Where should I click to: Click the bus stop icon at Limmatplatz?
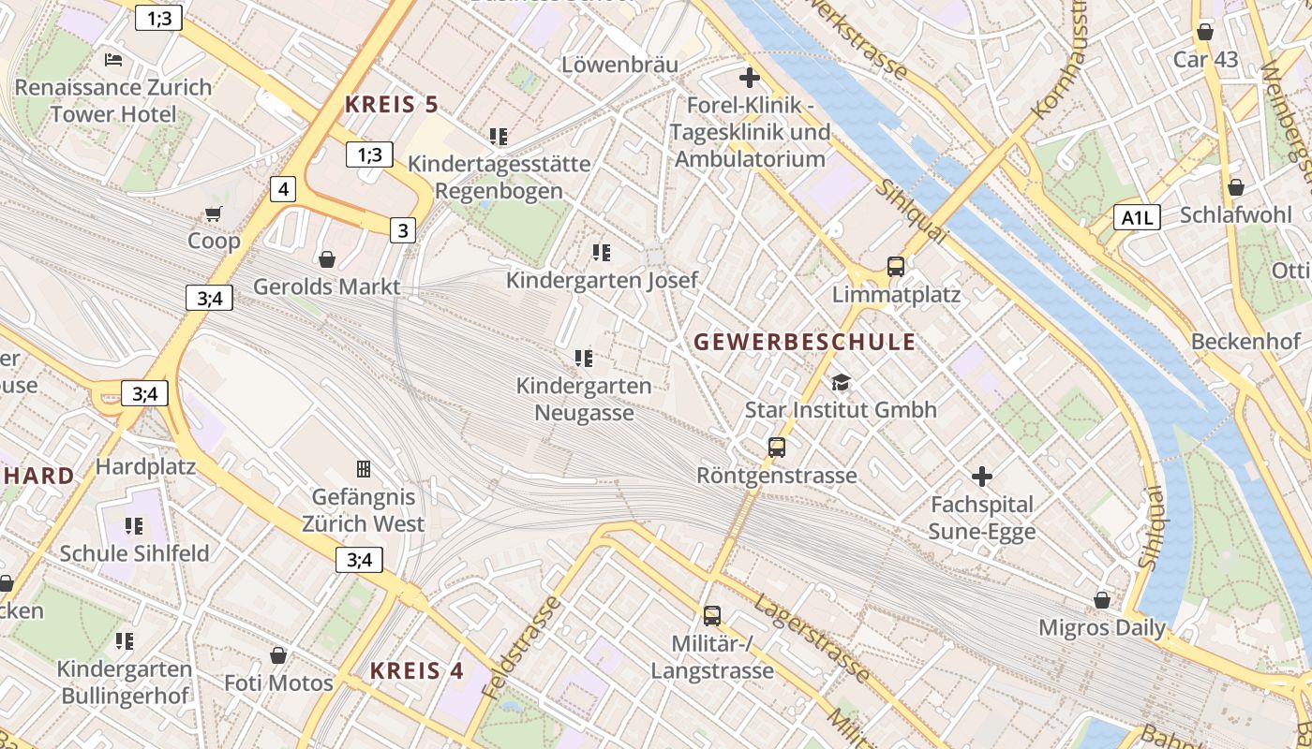point(896,266)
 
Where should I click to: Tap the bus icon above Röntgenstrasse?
point(777,447)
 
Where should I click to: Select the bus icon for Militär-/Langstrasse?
point(712,615)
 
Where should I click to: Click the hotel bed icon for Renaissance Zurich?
point(113,60)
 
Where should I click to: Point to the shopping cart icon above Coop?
point(214,213)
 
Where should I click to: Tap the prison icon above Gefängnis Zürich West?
point(364,468)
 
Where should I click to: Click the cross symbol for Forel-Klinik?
point(750,77)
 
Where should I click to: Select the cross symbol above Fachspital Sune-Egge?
point(982,477)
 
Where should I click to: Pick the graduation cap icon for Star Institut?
point(841,382)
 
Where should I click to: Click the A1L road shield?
point(1138,218)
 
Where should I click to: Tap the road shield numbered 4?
point(283,190)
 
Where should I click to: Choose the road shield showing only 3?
point(403,229)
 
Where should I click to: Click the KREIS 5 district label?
point(391,104)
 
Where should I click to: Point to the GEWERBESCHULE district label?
point(804,342)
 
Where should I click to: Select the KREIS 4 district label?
point(416,670)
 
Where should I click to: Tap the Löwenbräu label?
point(619,65)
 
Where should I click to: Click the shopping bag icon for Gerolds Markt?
point(327,258)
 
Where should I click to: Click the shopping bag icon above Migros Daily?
point(1102,599)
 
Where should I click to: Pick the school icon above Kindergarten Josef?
point(602,252)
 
